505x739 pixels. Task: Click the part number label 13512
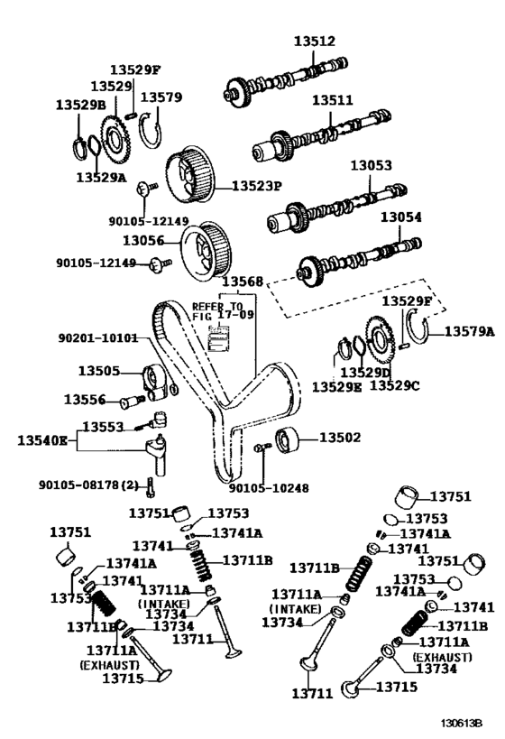click(314, 41)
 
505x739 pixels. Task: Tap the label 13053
click(372, 166)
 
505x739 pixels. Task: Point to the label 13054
click(400, 218)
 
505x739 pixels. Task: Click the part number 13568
click(243, 282)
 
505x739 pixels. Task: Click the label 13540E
click(42, 440)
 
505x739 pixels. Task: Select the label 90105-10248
click(269, 488)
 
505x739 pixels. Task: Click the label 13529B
click(80, 105)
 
